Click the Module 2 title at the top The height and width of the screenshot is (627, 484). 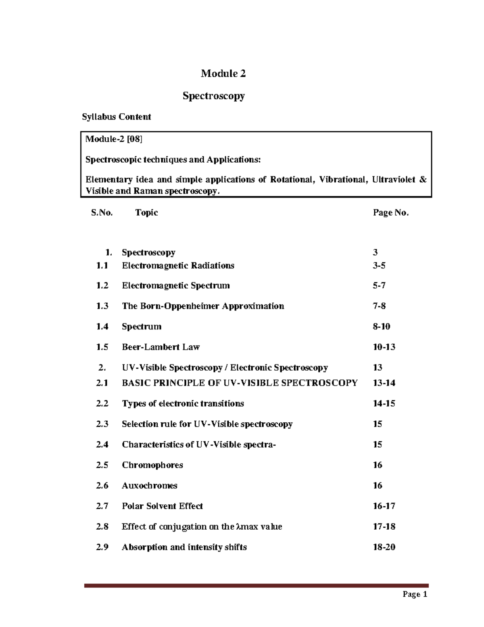(x=223, y=73)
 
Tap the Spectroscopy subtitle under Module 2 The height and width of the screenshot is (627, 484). (x=213, y=96)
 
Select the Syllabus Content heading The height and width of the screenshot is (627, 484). (x=116, y=117)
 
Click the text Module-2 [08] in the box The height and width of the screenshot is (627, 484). (x=114, y=139)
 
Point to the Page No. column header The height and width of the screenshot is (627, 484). (x=390, y=213)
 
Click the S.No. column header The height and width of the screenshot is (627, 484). (x=102, y=213)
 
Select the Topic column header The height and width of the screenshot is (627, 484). (x=146, y=213)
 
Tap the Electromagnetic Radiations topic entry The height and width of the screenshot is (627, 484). (x=178, y=266)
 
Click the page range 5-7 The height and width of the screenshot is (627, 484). (x=379, y=286)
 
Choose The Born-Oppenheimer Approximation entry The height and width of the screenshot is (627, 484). (x=203, y=306)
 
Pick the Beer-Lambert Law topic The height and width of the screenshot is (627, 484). (x=161, y=347)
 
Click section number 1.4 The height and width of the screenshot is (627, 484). (x=102, y=327)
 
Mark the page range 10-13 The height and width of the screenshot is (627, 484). (x=384, y=347)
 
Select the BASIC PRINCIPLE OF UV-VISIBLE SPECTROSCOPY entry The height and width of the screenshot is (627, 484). (x=240, y=383)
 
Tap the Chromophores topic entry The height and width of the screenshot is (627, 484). (x=152, y=465)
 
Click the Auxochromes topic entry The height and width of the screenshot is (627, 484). (x=149, y=486)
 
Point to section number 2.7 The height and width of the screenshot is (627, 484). (x=102, y=506)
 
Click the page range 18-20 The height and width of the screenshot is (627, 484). (x=384, y=547)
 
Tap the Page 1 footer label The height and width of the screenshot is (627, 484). (x=415, y=594)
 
